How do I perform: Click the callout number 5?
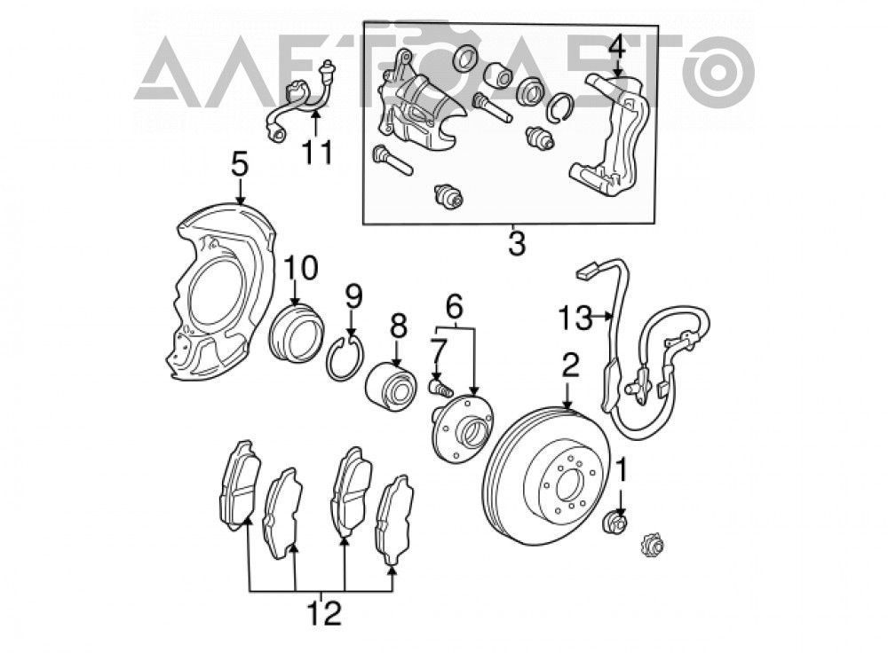(x=240, y=165)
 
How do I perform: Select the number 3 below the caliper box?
(x=517, y=242)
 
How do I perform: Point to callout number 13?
(x=575, y=318)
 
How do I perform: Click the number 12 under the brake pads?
(x=324, y=613)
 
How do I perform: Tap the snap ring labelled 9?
(x=346, y=358)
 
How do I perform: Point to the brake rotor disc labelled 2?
(x=547, y=476)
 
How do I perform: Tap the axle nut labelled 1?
(x=615, y=523)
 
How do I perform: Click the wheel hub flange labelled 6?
(x=463, y=429)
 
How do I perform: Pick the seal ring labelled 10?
(x=295, y=333)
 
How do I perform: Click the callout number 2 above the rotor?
(x=570, y=365)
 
